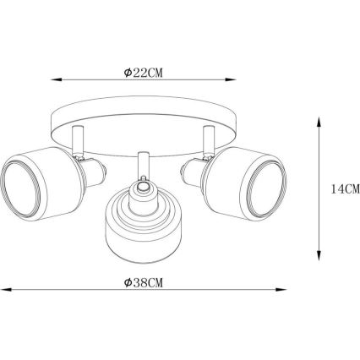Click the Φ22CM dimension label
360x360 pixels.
[x=144, y=73]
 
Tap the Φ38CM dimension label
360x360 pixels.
[x=144, y=282]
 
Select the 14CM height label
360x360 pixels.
[x=346, y=188]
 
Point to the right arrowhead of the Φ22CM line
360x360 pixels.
[x=231, y=79]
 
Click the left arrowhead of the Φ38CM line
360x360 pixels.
[x=6, y=289]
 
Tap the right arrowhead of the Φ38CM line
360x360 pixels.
[x=281, y=289]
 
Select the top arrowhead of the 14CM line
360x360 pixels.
[x=319, y=122]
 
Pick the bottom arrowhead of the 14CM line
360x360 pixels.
[x=319, y=255]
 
